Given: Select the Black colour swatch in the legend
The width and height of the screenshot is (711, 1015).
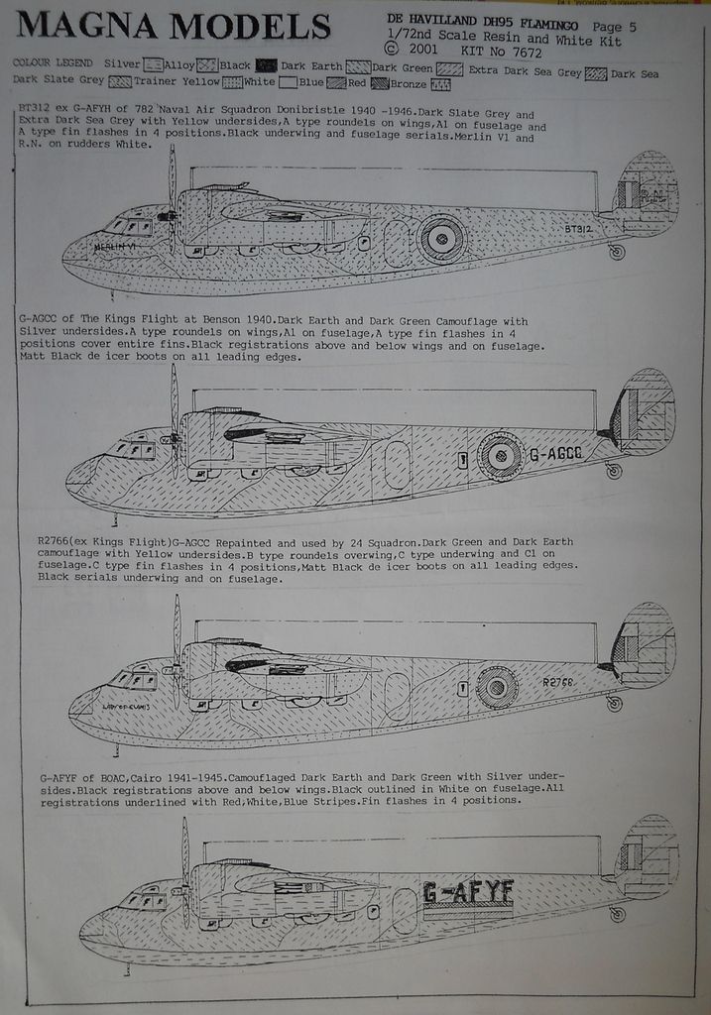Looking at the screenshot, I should [265, 64].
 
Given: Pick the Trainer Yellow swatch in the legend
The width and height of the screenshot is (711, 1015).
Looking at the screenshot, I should [232, 81].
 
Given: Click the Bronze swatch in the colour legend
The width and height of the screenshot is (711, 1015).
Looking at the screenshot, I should [440, 84].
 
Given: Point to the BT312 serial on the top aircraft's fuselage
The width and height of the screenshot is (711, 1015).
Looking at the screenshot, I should [578, 230].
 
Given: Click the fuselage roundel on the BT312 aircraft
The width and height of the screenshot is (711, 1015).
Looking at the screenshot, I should [440, 239].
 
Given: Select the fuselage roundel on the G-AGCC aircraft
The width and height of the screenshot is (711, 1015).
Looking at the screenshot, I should [501, 456].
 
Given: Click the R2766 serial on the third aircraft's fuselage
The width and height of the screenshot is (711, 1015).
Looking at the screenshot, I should [559, 682].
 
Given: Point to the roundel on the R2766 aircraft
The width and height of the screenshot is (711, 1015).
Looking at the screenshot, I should [497, 686].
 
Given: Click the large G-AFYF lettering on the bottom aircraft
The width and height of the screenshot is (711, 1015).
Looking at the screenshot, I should [468, 892].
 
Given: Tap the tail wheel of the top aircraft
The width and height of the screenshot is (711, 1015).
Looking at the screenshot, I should [617, 252].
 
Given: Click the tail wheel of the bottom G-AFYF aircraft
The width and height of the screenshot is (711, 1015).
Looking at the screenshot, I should [618, 914].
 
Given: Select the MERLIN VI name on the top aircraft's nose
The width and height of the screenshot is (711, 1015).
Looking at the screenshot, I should [114, 247].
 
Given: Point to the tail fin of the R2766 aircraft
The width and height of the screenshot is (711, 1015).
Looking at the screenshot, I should [645, 644].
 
